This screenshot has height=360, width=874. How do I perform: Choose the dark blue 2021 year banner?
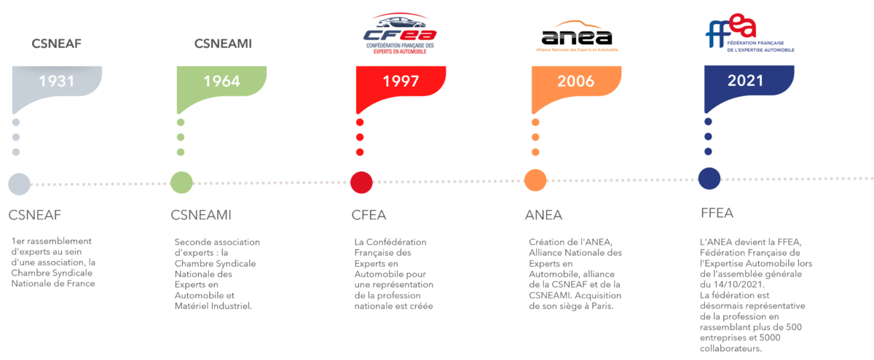[749, 81]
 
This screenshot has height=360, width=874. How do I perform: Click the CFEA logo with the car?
[401, 34]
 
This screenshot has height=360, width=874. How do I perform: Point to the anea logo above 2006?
[577, 38]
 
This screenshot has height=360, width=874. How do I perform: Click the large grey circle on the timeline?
[19, 183]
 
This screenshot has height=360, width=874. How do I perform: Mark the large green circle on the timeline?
[181, 182]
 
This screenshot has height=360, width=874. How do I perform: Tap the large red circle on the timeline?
[361, 182]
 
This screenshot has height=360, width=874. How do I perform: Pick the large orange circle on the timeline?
[535, 180]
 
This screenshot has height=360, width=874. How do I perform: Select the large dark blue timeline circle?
[709, 179]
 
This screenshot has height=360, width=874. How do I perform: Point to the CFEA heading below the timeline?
[369, 215]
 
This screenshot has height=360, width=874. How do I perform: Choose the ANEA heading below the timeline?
[543, 216]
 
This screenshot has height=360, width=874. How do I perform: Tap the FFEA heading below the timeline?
[717, 214]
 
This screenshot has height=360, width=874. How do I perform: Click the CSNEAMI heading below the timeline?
[200, 215]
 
